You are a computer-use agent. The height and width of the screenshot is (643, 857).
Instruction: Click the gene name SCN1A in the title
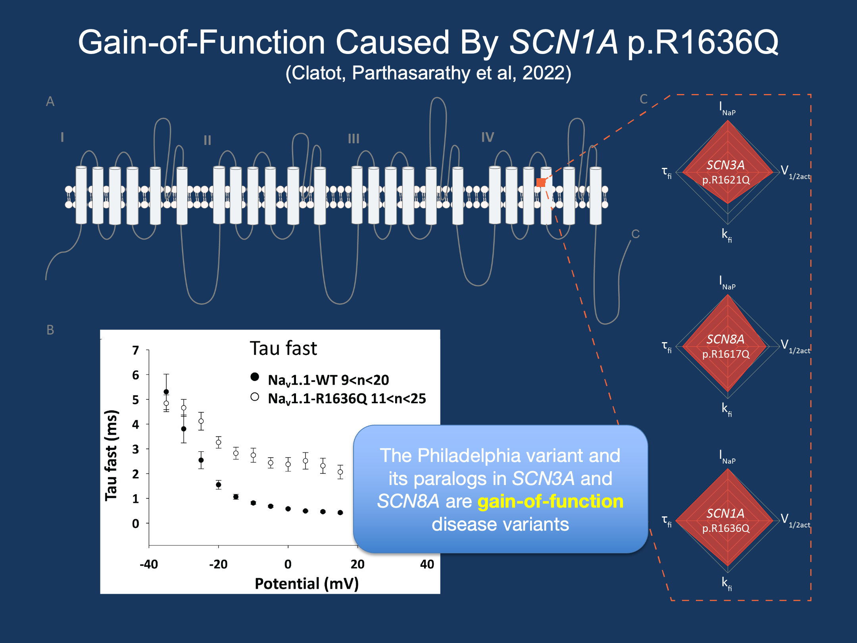(x=563, y=42)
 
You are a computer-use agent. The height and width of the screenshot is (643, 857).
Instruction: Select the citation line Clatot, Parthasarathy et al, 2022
(x=428, y=73)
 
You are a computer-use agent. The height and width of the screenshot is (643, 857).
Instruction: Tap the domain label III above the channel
(x=354, y=139)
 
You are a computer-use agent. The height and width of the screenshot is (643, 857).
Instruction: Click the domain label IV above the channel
(x=488, y=137)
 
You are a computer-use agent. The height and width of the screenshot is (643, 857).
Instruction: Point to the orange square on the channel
(x=541, y=183)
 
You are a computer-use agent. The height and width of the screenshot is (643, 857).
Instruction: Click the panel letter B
(x=50, y=330)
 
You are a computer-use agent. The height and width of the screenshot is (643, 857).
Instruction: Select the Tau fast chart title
(x=283, y=348)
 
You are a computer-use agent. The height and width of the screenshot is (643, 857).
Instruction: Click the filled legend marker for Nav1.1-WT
(x=255, y=377)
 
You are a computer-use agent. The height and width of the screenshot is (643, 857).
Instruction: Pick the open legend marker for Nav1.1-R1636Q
(x=255, y=397)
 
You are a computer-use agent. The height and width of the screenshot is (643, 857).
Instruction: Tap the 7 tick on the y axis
(x=136, y=350)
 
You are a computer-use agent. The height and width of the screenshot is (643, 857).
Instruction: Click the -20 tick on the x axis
(x=218, y=564)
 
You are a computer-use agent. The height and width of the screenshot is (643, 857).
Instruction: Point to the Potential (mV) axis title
(x=306, y=583)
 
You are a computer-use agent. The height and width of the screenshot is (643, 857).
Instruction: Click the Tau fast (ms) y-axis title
(x=111, y=455)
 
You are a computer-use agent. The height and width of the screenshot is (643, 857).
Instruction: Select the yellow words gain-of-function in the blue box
(x=550, y=501)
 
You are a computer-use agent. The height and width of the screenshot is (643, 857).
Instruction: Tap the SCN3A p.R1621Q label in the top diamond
(x=726, y=172)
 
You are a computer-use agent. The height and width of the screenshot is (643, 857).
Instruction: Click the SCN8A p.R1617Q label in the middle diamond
(x=726, y=346)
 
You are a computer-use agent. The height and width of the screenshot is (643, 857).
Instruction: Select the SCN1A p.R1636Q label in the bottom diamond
(x=726, y=520)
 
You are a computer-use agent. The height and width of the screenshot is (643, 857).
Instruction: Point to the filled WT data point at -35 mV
(x=166, y=392)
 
